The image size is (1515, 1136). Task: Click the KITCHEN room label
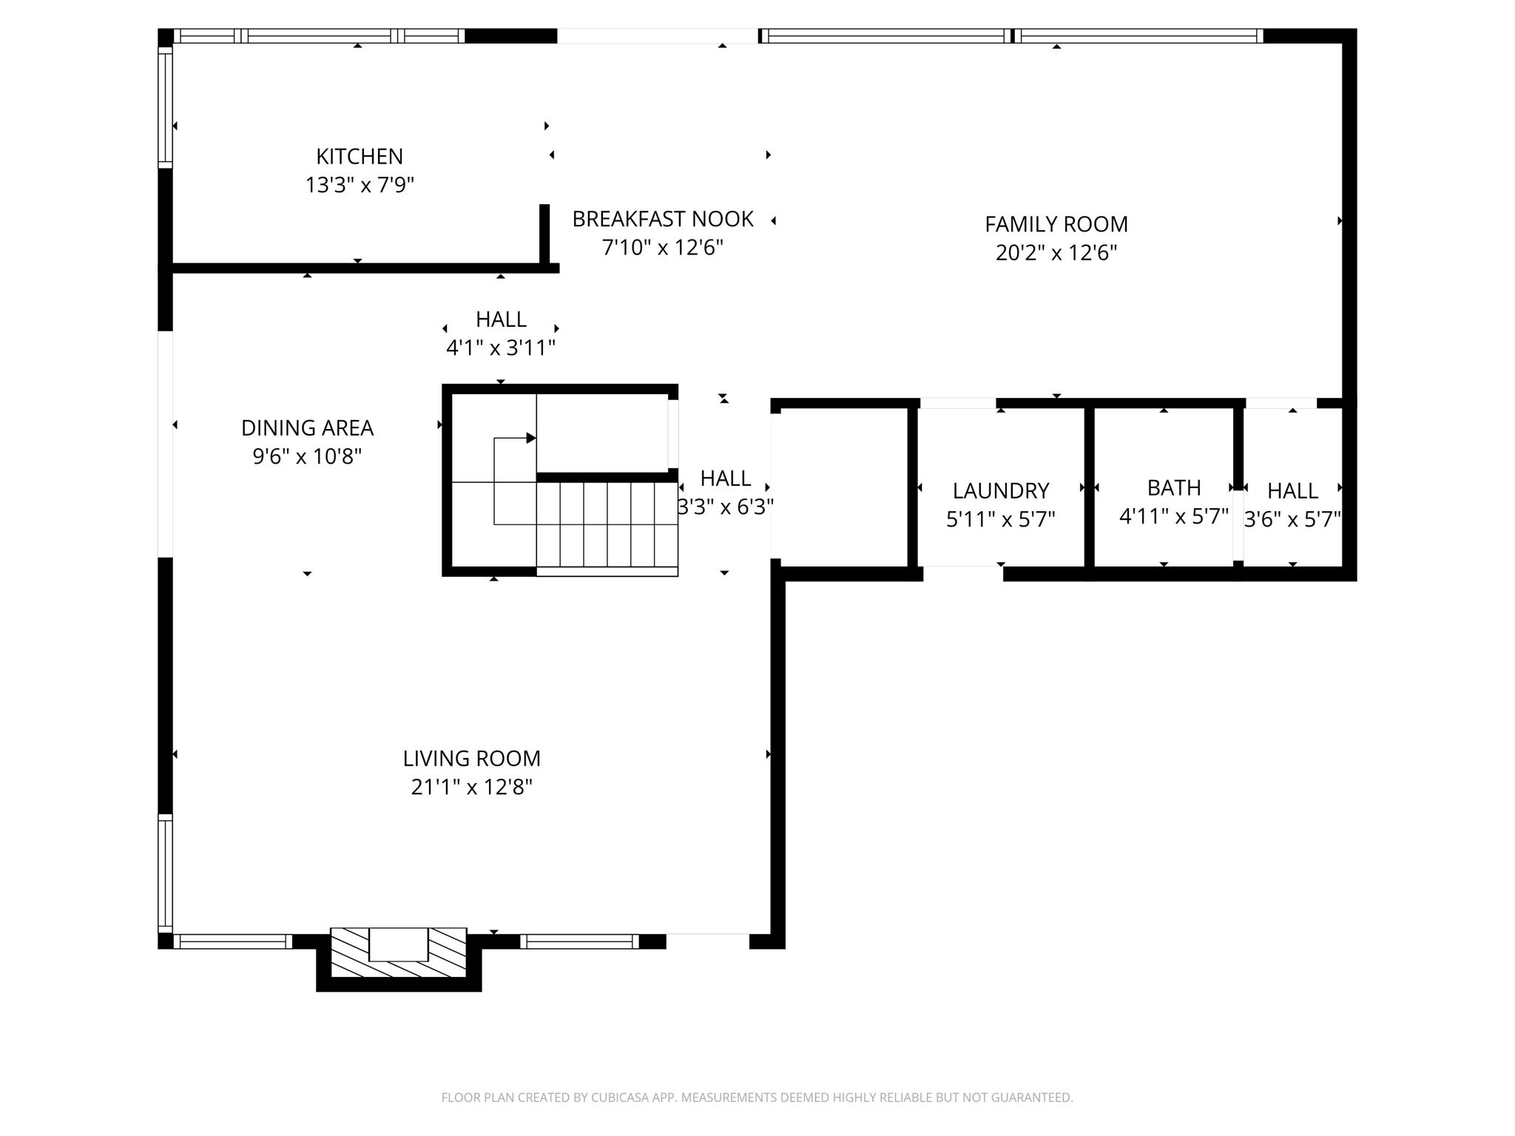[360, 157]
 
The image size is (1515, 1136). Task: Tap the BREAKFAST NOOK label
[663, 219]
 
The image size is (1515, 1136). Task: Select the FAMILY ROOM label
[1056, 224]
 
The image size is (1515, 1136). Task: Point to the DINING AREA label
[307, 428]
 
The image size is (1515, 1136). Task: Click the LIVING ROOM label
[471, 759]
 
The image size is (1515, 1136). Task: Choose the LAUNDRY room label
[1000, 491]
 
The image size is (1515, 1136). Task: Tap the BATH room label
[1173, 488]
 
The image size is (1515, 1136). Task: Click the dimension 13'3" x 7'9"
[360, 185]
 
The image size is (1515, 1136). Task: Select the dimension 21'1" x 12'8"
[471, 787]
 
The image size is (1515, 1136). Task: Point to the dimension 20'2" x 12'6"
[1056, 253]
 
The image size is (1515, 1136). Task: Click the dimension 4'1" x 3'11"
[501, 348]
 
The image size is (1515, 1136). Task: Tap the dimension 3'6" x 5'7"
[1292, 519]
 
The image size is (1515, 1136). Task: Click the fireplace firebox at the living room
[398, 944]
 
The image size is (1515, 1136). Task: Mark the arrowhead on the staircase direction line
[530, 438]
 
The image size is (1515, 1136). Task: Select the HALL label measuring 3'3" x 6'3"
[725, 479]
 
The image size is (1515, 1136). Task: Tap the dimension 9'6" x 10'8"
[307, 456]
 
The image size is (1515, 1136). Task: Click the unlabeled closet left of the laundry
[840, 488]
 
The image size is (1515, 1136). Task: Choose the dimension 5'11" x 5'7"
[1000, 519]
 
